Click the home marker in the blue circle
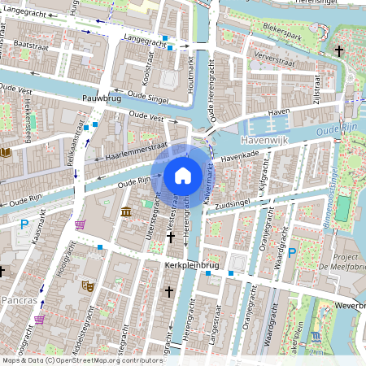click(183, 175)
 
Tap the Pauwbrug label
click(101, 98)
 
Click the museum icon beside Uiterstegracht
click(126, 212)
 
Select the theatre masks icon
click(87, 285)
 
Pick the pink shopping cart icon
click(80, 224)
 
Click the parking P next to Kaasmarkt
click(24, 224)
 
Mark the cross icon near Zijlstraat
click(339, 50)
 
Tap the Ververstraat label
click(273, 59)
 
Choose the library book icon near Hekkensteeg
click(6, 151)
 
